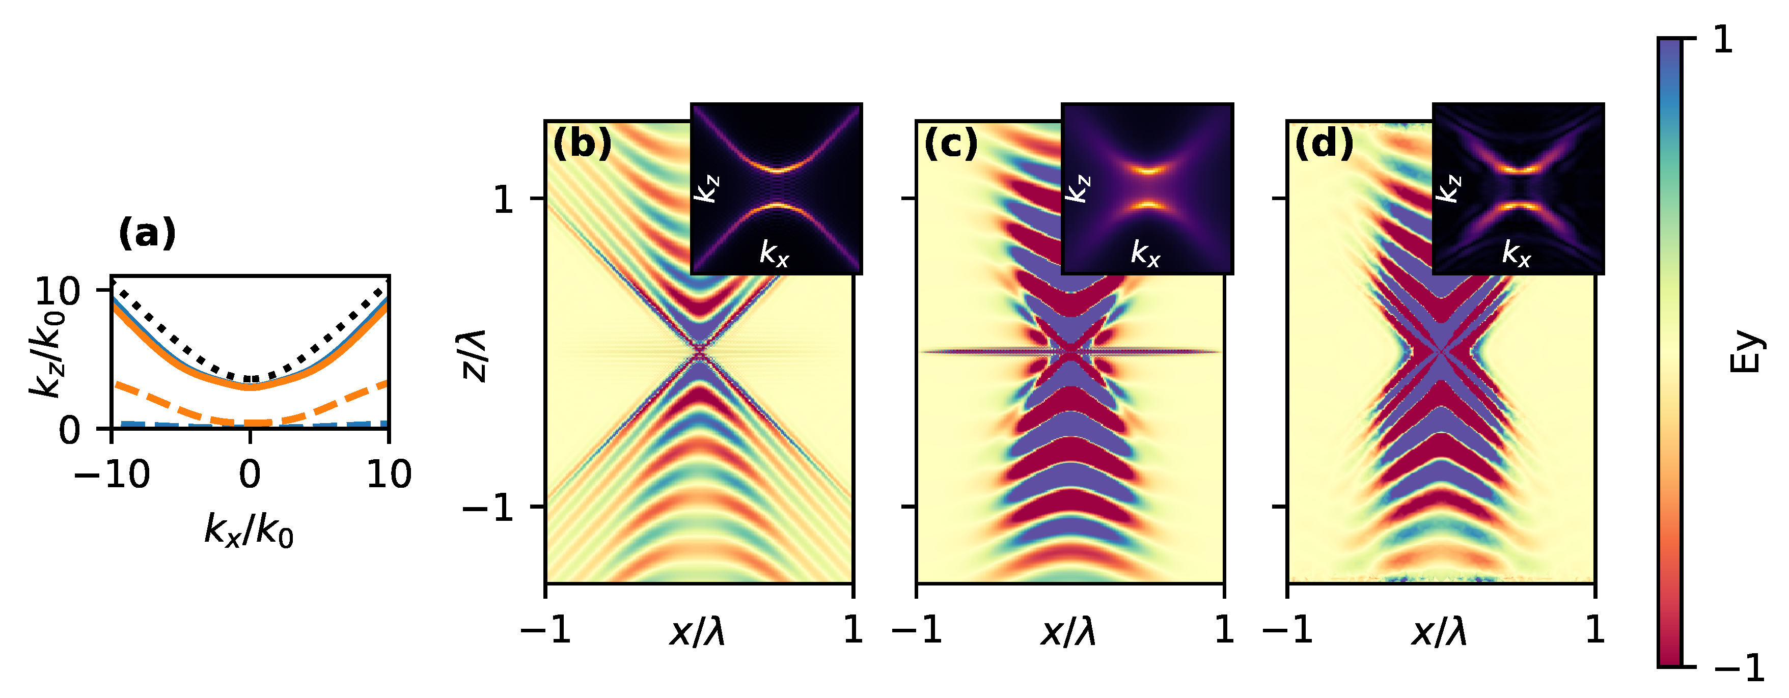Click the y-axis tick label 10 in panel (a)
tap(60, 292)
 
